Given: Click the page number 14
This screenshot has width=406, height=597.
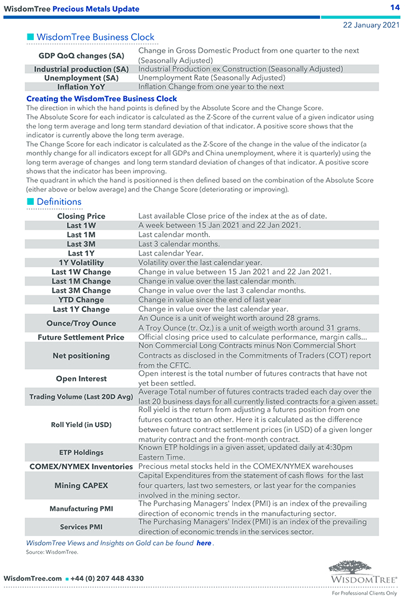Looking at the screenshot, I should pyautogui.click(x=395, y=7).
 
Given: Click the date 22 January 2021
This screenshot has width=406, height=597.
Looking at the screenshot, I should pyautogui.click(x=372, y=25).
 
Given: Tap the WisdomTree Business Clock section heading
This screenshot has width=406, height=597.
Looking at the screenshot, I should pyautogui.click(x=95, y=37).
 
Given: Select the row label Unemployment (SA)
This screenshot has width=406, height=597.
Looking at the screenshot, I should pyautogui.click(x=81, y=78).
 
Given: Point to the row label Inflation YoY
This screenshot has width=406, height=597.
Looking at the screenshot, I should pyautogui.click(x=81, y=87).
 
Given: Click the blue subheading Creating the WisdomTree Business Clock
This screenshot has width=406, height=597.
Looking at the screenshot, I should pyautogui.click(x=101, y=99).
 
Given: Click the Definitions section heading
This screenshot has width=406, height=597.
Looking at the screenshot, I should pyautogui.click(x=59, y=202).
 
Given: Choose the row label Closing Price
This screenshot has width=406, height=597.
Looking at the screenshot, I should pyautogui.click(x=81, y=216).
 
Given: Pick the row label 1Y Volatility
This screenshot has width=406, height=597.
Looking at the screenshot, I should pyautogui.click(x=81, y=263).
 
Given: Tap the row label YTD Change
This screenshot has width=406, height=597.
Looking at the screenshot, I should pyautogui.click(x=81, y=300).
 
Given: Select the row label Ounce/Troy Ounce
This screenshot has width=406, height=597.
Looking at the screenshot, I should pyautogui.click(x=81, y=323).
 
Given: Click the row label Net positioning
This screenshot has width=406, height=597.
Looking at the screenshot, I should pyautogui.click(x=81, y=356).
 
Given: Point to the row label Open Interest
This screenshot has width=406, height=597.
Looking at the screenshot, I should pyautogui.click(x=81, y=378).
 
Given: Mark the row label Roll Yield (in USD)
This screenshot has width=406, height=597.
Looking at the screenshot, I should pyautogui.click(x=81, y=425).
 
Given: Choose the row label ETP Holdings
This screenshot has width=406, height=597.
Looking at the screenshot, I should pyautogui.click(x=81, y=452).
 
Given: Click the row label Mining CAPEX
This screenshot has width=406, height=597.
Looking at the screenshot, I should pyautogui.click(x=81, y=485).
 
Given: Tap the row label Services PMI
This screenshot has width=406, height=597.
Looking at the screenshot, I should pyautogui.click(x=81, y=527).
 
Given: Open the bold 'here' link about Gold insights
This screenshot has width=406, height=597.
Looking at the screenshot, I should pyautogui.click(x=204, y=543).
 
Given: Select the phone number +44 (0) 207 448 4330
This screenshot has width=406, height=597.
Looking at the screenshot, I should pyautogui.click(x=107, y=579).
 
